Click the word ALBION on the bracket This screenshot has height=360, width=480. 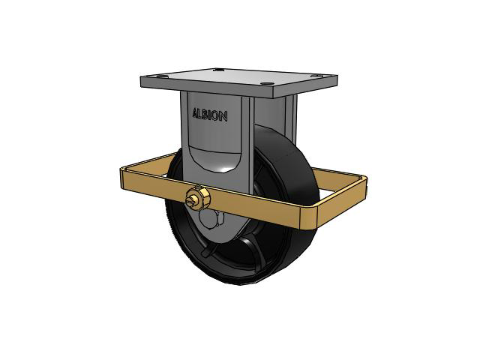point(210,115)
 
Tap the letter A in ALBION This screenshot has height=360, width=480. point(195,113)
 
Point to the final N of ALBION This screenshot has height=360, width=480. point(223,117)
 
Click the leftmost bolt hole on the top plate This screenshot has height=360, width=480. point(163,76)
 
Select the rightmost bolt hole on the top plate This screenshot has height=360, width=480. point(316,75)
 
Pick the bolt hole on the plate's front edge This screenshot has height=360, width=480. point(266,83)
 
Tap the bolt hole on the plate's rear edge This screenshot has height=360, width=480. point(218,70)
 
